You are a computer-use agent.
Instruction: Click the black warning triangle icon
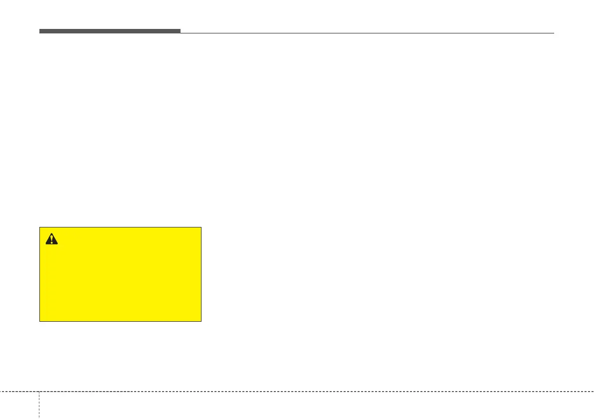coord(51,239)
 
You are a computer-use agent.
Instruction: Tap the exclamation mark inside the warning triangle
coord(51,240)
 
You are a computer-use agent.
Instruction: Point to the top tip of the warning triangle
coord(51,233)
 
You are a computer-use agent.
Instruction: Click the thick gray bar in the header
coord(110,31)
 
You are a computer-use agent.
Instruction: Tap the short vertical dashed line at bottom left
coord(39,405)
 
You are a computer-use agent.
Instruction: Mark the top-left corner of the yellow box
coord(40,227)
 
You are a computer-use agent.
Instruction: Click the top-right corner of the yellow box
coord(201,227)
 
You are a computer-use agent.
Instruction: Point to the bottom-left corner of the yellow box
coord(40,321)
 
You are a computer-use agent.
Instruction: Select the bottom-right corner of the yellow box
coord(201,321)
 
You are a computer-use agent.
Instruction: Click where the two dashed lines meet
coord(39,391)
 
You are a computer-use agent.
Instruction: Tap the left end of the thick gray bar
coord(40,31)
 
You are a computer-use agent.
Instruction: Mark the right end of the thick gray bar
coord(180,31)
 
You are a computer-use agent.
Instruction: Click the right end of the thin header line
coord(554,33)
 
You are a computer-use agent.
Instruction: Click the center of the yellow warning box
coord(120,274)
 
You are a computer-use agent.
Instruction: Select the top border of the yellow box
coord(120,227)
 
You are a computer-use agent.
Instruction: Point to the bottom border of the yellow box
coord(120,321)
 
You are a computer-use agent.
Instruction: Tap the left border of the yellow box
coord(40,274)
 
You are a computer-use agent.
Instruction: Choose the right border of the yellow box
coord(201,274)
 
